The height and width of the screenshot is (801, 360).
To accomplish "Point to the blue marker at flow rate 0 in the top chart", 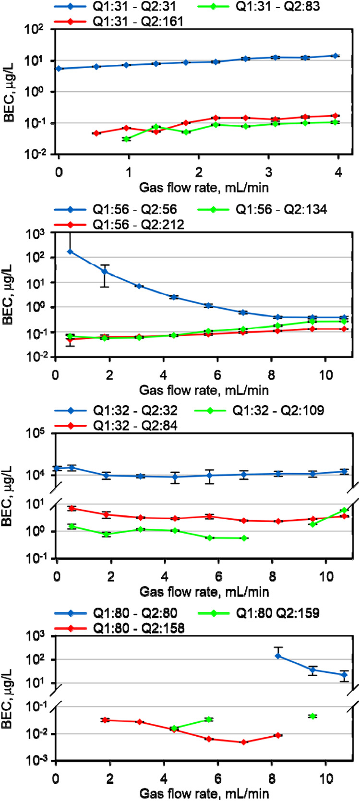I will [59, 69].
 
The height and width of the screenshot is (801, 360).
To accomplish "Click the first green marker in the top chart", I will [127, 139].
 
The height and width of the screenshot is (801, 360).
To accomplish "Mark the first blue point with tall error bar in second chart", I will [70, 251].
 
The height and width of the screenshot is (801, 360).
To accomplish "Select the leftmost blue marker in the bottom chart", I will [278, 656].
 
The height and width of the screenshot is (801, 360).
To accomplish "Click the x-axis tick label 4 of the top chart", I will [338, 172].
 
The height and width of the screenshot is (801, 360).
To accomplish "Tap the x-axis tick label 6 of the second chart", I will [217, 374].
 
